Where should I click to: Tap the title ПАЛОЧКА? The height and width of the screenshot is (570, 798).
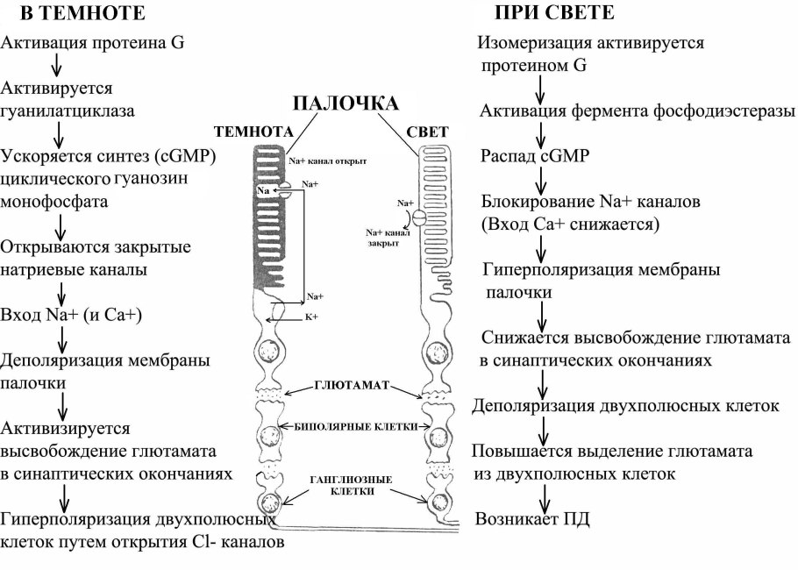point(345,103)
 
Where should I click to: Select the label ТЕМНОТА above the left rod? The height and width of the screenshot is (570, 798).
point(253,132)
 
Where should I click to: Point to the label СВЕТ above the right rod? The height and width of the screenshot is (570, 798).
point(427,132)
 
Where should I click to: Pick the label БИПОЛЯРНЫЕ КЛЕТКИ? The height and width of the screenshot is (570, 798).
point(354,426)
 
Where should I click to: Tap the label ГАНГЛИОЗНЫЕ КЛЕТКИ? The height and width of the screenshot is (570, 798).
point(354,485)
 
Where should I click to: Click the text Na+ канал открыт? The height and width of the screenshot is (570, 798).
point(327,161)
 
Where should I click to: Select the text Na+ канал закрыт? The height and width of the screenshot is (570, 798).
point(388,239)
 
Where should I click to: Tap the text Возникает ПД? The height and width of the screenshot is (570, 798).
point(532,518)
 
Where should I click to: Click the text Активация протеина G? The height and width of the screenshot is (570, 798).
point(93,42)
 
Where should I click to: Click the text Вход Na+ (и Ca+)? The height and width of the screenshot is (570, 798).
point(84,314)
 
